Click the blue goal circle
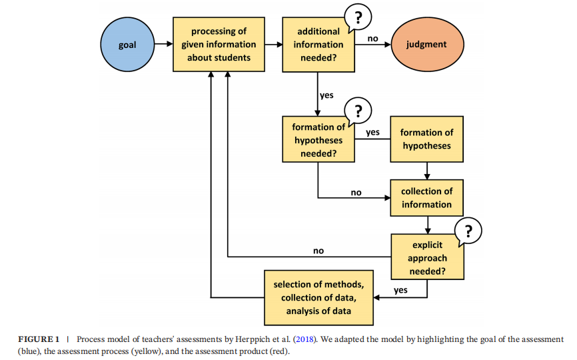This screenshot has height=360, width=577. coord(127,45)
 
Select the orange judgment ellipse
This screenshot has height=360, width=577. coord(427,45)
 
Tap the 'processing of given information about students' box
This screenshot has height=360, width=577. coord(219,44)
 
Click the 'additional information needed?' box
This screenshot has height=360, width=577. coord(318,45)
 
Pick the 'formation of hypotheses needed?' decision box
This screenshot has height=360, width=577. coord(318,139)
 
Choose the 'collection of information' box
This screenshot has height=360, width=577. coord(427,198)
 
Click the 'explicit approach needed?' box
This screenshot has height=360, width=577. coord(427,257)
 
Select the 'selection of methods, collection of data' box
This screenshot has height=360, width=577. coord(318,298)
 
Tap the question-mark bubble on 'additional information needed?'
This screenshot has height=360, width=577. coord(358,17)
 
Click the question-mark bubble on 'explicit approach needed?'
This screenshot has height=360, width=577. coord(468,231)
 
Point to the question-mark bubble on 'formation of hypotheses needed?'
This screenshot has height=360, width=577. coord(358,111)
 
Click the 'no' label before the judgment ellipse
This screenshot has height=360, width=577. coord(372,38)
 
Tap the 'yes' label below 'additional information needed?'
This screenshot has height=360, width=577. coord(326,95)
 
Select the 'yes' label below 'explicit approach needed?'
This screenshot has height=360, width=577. coord(400,290)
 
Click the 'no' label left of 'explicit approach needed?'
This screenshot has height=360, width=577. coord(318,251)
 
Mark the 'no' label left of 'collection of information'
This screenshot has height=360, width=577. coord(356,193)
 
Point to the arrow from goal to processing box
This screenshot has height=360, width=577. coord(164,44)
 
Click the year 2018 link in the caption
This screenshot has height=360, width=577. coord(305,339)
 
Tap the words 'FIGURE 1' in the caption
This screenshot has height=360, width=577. coord(39,339)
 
